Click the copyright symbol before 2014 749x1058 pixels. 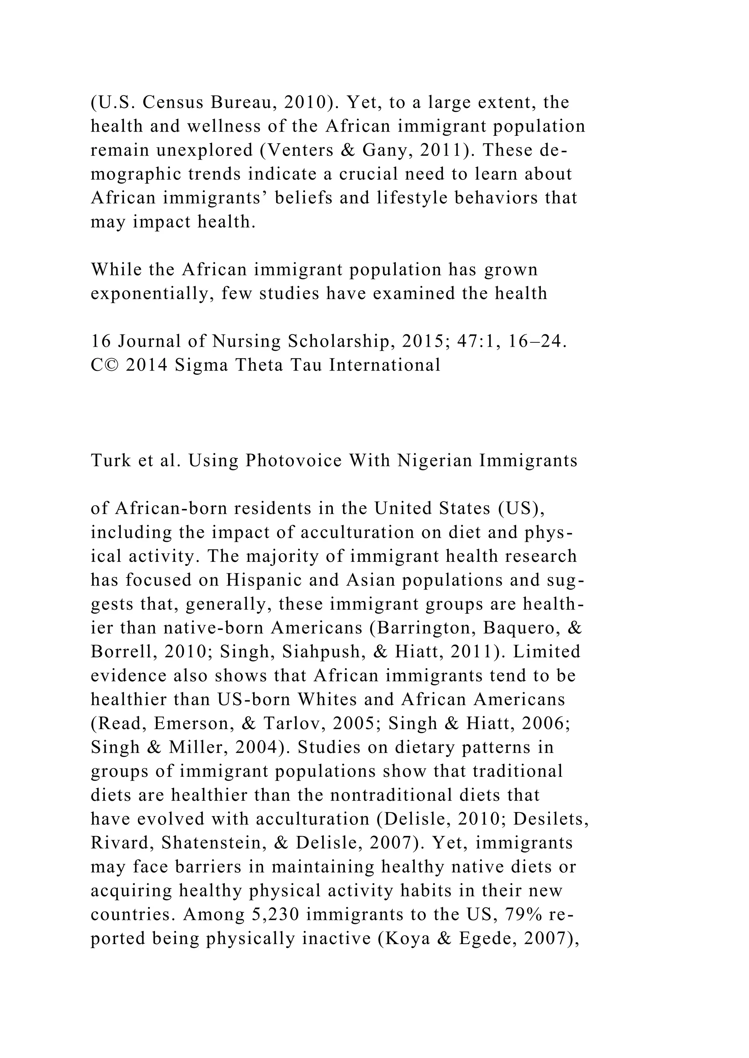click(x=112, y=365)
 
